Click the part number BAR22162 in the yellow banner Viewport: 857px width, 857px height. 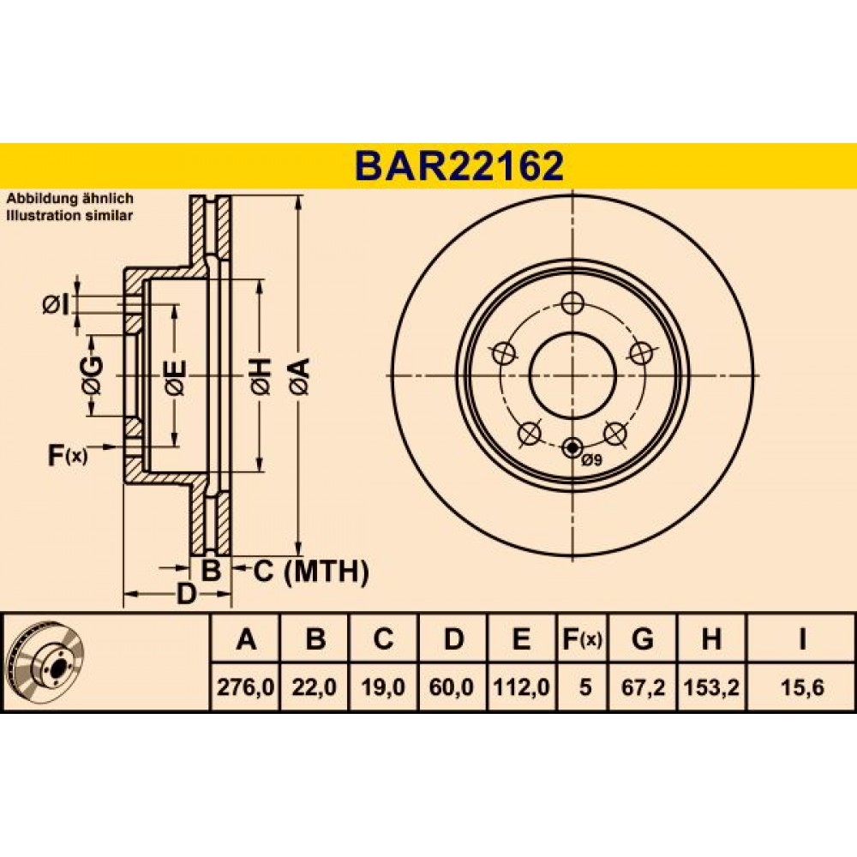coord(458,166)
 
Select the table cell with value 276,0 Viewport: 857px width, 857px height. coord(245,687)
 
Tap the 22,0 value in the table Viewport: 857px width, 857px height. coord(315,687)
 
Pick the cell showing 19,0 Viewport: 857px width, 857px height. coord(383,687)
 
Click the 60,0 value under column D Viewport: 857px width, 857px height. coord(452,687)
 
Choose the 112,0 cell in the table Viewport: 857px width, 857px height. coord(521,687)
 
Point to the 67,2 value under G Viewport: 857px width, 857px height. coord(643,687)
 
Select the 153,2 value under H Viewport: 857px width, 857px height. coord(711,687)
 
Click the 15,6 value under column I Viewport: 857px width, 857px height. coord(802,687)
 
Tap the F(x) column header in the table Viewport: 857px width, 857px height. coord(582,638)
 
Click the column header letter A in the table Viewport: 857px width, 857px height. coord(246,638)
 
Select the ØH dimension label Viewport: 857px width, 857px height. coord(261,376)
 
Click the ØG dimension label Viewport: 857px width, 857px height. coord(92,375)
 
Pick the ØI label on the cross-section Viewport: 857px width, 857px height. coord(56,304)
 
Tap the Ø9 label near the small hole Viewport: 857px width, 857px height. coord(591,460)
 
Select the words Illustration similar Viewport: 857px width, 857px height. coord(69,215)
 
